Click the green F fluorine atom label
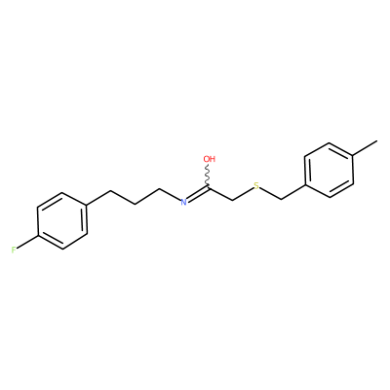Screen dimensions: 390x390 pos(14,250)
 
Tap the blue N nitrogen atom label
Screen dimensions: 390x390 pos(183,202)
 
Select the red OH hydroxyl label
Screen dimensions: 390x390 pos(210,159)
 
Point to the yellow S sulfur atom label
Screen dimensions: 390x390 pos(256,186)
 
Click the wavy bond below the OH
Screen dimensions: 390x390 pos(208,175)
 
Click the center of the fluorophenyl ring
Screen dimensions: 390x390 pos(62,221)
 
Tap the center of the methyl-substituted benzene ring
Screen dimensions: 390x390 pos(329,170)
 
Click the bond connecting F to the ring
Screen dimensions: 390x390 pos(27,242)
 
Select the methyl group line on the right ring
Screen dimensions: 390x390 pos(366,148)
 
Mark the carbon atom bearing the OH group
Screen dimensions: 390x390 pos(208,187)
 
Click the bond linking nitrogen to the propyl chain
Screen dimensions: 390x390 pos(170,194)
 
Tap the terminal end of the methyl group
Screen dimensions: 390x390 pos(377,141)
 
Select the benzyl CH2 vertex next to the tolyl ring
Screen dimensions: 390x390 pos(281,199)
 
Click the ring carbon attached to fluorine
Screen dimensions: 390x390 pos(38,235)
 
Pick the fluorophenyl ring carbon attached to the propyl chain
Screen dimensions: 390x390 pos(87,207)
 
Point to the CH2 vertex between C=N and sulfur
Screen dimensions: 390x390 pos(233,199)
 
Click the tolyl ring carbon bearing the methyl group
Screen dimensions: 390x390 pos(354,156)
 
